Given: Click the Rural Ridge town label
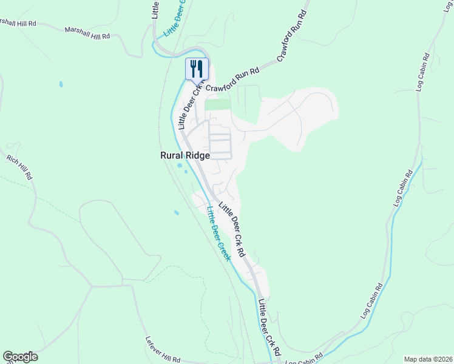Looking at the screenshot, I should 185,155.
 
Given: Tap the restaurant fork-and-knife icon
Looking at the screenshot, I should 197,69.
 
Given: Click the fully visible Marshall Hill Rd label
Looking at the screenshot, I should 88,32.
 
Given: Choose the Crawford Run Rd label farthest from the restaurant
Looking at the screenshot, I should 291,41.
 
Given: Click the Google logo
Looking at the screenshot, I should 20,357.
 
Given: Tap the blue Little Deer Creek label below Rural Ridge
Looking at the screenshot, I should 219,234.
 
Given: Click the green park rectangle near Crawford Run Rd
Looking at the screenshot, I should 218,105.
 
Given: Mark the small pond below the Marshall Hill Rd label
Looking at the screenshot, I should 60,83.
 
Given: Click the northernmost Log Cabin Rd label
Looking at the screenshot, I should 423,73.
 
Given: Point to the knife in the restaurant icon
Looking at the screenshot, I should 200,68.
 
